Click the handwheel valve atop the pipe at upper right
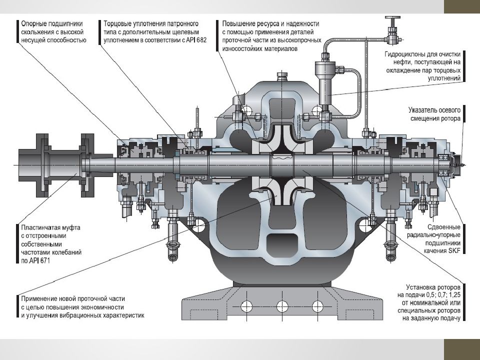[392, 22]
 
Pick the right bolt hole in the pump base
[315, 305]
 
